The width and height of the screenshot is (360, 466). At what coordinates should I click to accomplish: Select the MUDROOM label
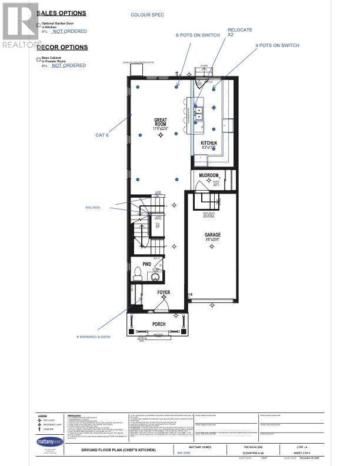pyautogui.click(x=209, y=176)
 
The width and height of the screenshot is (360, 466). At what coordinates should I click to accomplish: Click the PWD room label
pyautogui.click(x=146, y=265)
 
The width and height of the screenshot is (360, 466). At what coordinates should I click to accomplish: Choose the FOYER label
pyautogui.click(x=163, y=292)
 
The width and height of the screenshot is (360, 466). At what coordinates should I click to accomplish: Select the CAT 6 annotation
pyautogui.click(x=102, y=135)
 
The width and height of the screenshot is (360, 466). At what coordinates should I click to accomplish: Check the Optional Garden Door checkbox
pyautogui.click(x=38, y=25)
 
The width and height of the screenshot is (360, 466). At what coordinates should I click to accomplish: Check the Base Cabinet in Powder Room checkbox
pyautogui.click(x=38, y=59)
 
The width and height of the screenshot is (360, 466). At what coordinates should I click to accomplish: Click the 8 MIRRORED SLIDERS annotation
pyautogui.click(x=93, y=337)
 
